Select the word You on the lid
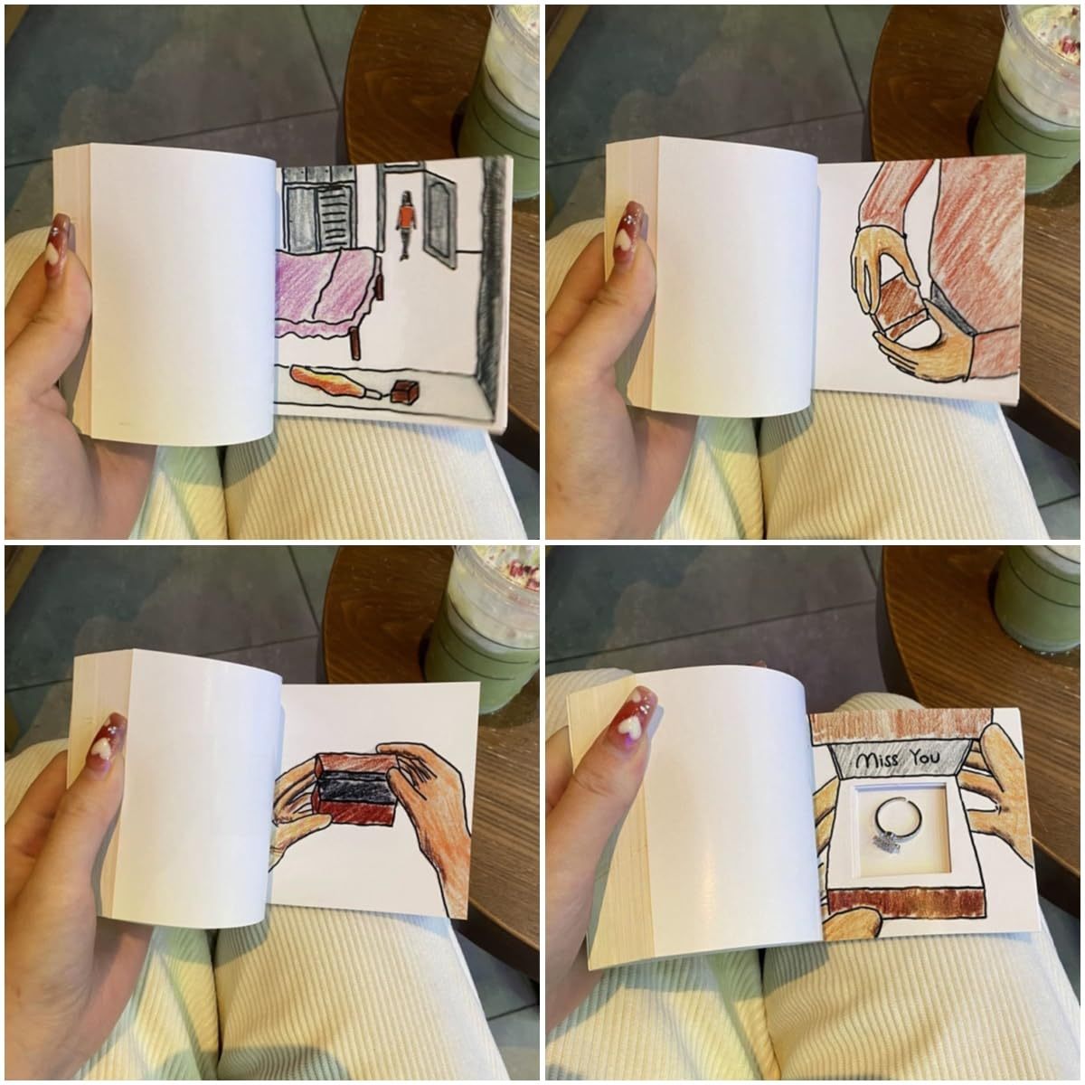(x=924, y=758)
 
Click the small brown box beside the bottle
(x=405, y=391)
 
